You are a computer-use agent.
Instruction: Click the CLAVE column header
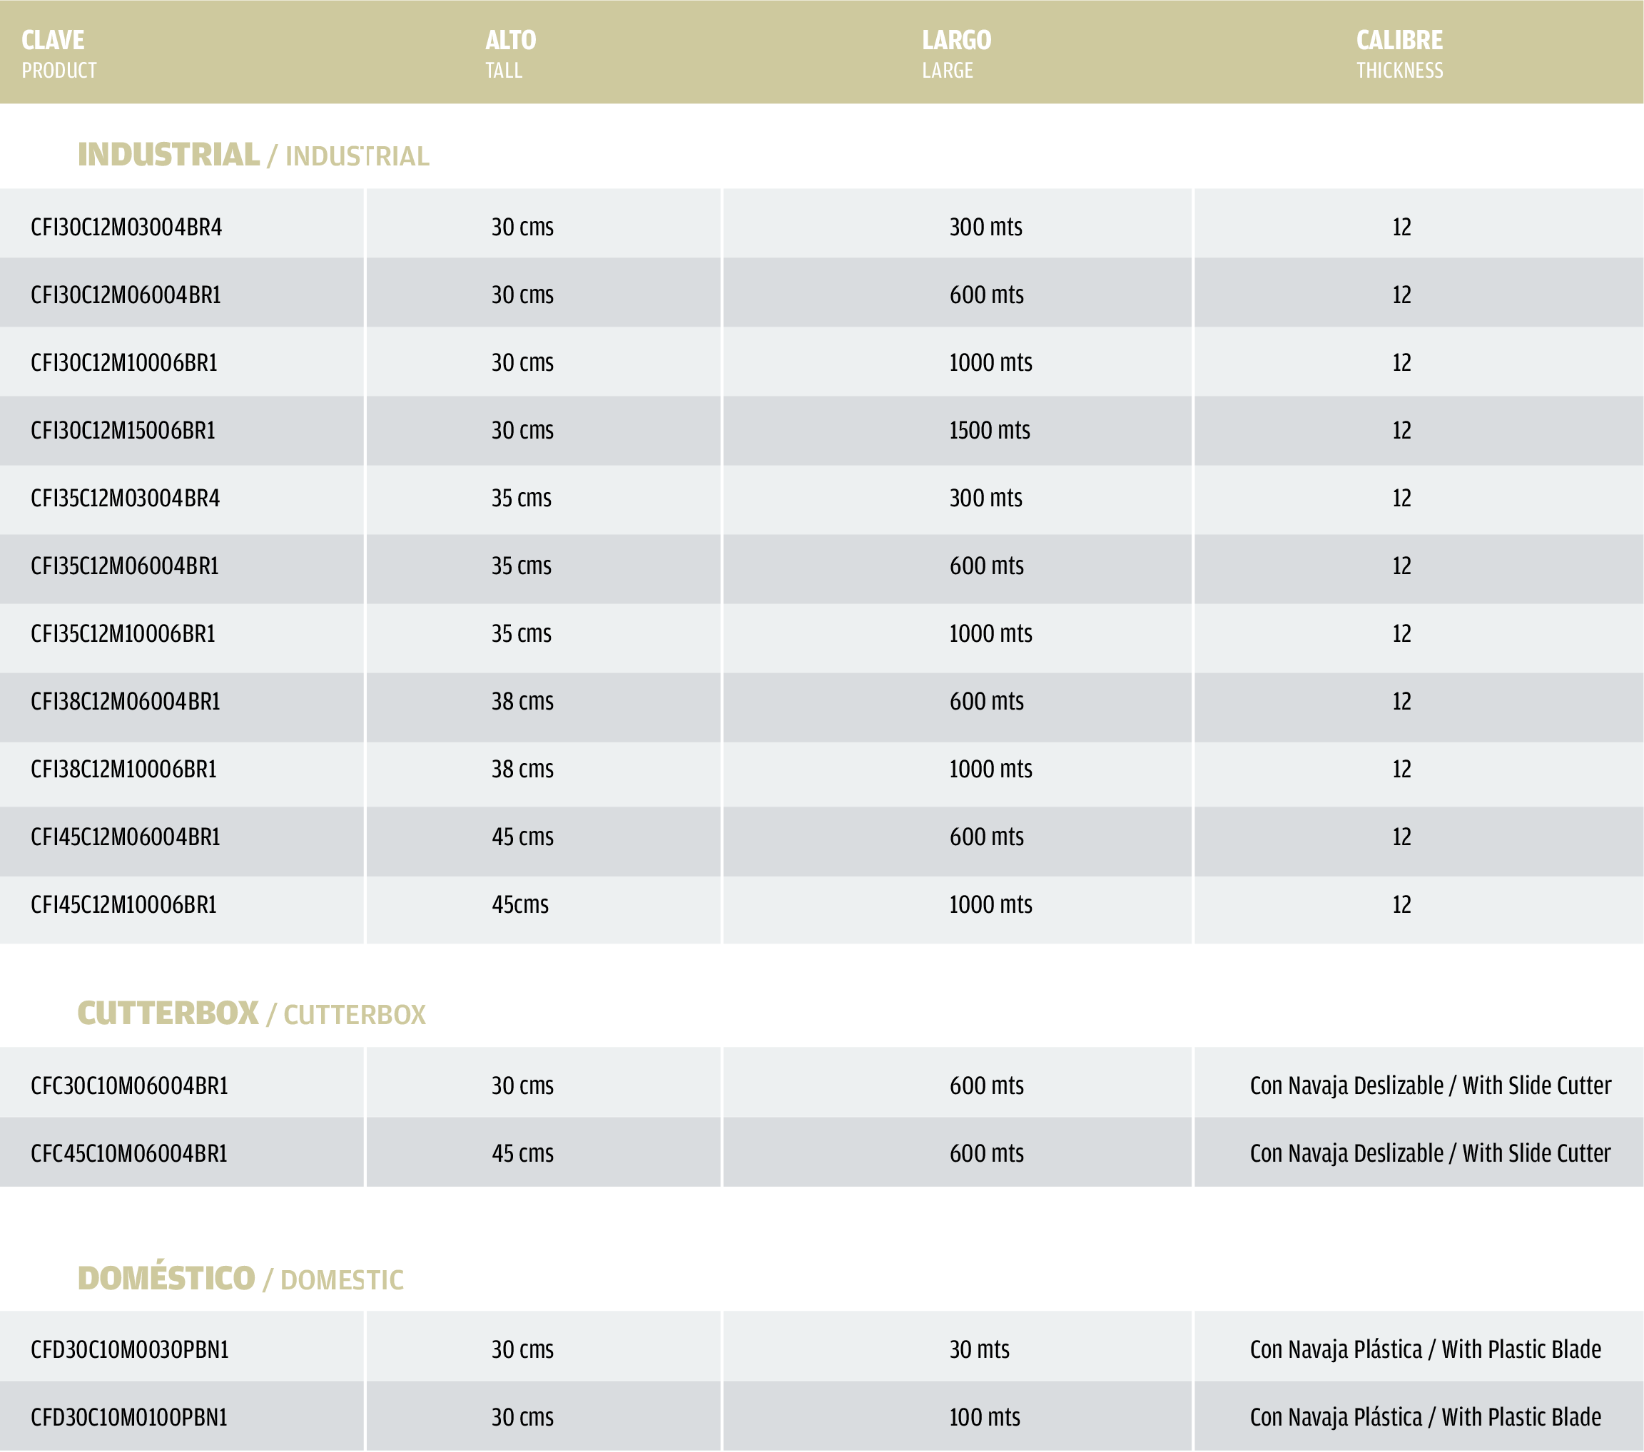point(53,40)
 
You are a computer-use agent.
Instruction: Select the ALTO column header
point(510,40)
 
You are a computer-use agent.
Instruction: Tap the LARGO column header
point(956,40)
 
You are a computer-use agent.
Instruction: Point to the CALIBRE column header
point(1399,40)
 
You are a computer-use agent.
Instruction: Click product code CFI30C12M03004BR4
point(126,227)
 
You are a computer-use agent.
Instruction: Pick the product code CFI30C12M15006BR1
point(123,431)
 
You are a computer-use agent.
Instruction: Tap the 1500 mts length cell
point(989,431)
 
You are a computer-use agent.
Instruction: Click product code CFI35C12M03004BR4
point(126,499)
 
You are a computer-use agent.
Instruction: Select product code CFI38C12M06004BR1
point(126,702)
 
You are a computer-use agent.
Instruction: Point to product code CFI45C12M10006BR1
point(124,905)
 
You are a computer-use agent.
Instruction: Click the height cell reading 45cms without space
point(520,905)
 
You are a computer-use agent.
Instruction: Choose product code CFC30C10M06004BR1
point(129,1086)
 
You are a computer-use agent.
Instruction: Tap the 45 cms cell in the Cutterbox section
point(523,1154)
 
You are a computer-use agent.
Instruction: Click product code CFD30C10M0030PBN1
point(129,1350)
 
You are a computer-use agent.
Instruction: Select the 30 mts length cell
point(979,1350)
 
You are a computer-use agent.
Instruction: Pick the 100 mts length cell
point(985,1418)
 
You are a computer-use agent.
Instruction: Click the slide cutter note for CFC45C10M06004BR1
point(1430,1154)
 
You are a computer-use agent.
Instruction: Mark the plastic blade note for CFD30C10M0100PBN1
point(1425,1418)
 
